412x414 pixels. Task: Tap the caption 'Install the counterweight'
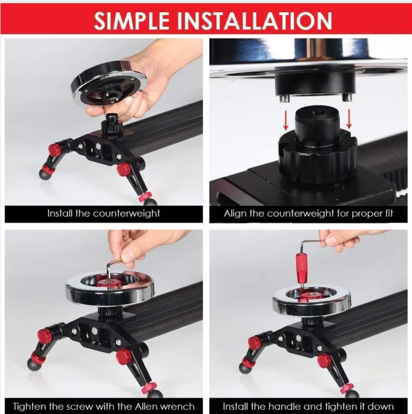click(x=104, y=213)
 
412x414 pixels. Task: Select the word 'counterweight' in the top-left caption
click(x=125, y=213)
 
